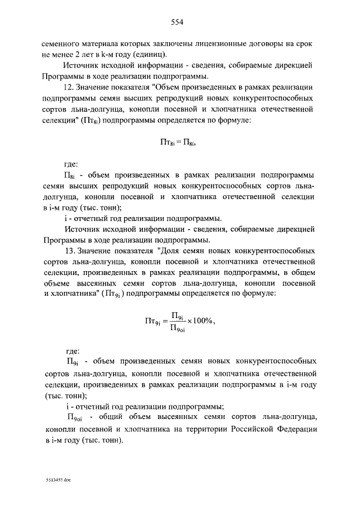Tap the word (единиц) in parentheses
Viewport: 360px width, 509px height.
click(x=148, y=55)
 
